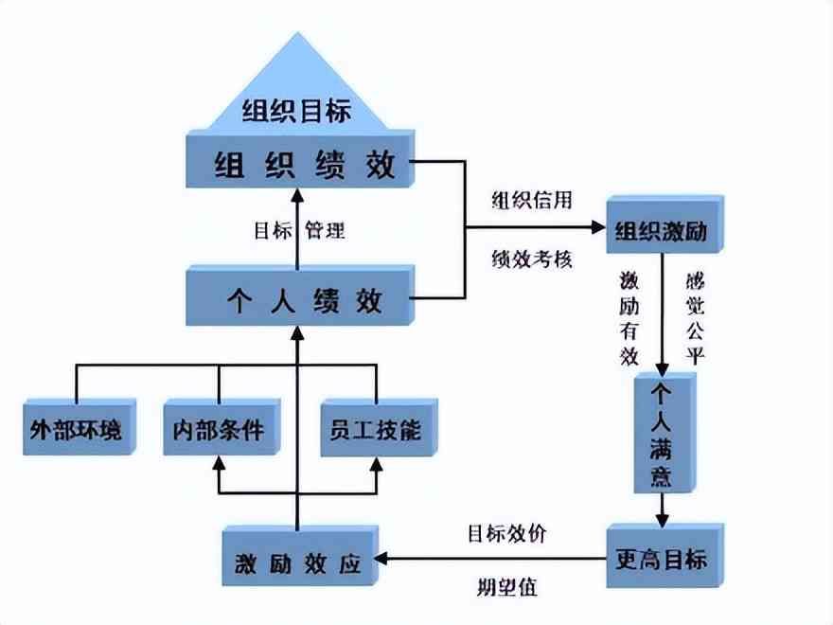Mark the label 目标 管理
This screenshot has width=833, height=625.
coord(298,230)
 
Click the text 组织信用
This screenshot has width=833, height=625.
coord(532,201)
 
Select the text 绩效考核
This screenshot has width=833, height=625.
coord(532,257)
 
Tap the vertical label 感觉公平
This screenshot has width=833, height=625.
coord(698,318)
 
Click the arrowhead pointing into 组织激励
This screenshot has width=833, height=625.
coord(597,227)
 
